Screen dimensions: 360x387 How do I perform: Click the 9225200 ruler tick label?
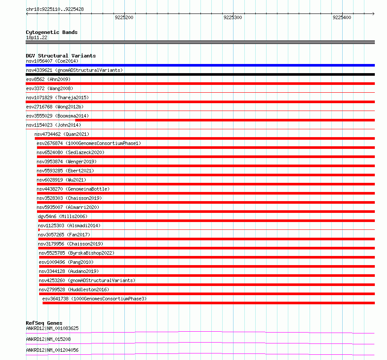124,18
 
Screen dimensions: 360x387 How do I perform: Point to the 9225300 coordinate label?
233,18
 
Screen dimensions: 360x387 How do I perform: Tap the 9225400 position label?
341,18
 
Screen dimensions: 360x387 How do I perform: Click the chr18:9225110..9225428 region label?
55,9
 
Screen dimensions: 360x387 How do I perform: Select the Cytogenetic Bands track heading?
52,32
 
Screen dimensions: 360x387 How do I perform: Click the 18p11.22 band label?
37,37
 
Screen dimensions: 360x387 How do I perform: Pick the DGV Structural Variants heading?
61,56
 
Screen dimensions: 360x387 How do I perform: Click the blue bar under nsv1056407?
200,65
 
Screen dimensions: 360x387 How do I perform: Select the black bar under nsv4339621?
200,74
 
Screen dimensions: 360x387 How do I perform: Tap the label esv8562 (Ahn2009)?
48,79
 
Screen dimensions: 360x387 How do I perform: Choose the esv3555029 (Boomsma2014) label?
57,116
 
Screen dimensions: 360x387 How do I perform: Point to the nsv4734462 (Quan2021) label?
62,134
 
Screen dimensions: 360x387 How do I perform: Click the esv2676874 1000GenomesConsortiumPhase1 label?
89,143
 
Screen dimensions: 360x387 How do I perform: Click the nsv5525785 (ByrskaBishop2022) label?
77,253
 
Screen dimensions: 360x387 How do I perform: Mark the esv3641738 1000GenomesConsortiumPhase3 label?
94,299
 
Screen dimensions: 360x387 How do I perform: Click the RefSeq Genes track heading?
44,323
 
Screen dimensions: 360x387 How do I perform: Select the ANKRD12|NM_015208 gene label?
48,339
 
